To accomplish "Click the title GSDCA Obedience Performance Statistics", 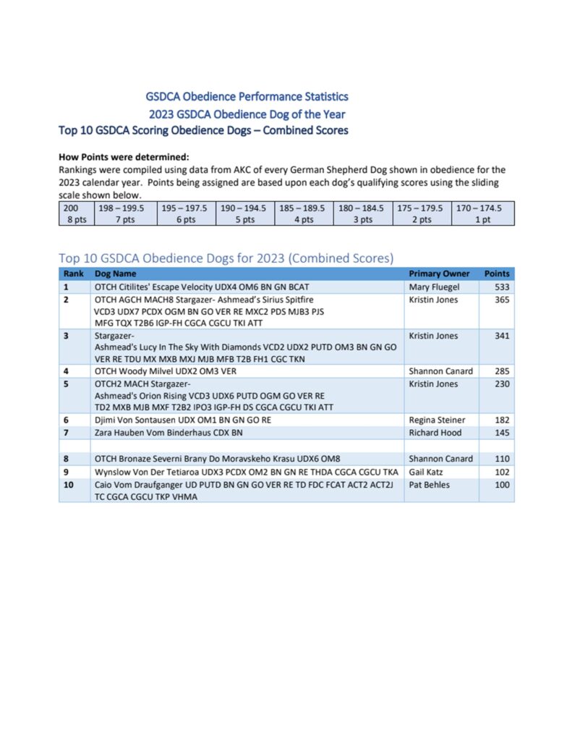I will click(x=247, y=96).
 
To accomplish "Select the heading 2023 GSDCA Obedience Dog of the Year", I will click(x=247, y=114).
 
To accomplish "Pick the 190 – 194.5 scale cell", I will click(x=243, y=213).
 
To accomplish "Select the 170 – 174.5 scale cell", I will click(x=482, y=213).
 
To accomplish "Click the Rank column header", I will click(x=73, y=274).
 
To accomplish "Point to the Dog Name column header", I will click(x=116, y=274).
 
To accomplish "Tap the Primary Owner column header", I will click(x=439, y=274).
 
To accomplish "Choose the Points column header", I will click(x=497, y=274).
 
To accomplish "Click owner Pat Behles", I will click(x=429, y=485).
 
